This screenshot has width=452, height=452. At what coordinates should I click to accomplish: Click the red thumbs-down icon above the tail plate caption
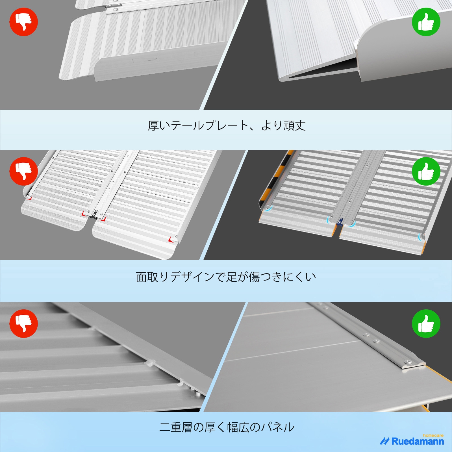pyautogui.click(x=24, y=22)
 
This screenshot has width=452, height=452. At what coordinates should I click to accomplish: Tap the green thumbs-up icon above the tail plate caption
pyautogui.click(x=426, y=22)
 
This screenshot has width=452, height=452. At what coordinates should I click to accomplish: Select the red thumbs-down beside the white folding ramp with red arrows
pyautogui.click(x=24, y=171)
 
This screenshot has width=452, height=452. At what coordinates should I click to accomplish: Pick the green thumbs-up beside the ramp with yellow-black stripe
pyautogui.click(x=426, y=171)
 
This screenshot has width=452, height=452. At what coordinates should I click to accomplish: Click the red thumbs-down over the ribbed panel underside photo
pyautogui.click(x=24, y=323)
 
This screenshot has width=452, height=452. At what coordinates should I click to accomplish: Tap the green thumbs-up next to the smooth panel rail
pyautogui.click(x=426, y=323)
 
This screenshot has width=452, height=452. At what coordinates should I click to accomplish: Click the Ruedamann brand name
pyautogui.click(x=418, y=441)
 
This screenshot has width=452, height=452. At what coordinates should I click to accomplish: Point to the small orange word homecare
pyautogui.click(x=433, y=435)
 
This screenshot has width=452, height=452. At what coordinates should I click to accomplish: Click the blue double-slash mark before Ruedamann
pyautogui.click(x=384, y=442)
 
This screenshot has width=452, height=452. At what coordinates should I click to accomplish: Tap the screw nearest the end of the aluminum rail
pyautogui.click(x=408, y=362)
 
